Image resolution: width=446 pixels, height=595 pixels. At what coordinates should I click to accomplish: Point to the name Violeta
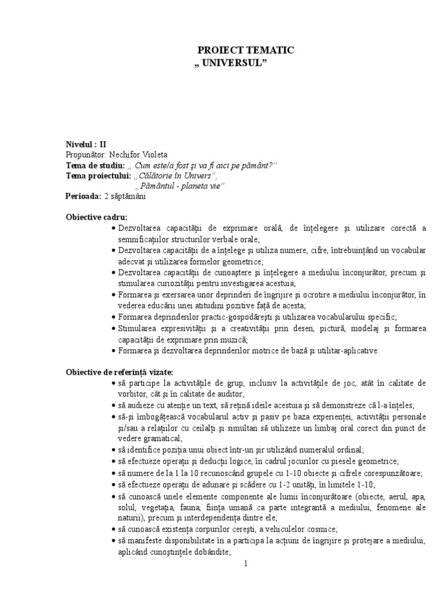pos(155,156)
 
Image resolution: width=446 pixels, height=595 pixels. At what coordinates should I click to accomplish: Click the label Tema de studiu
pos(95,166)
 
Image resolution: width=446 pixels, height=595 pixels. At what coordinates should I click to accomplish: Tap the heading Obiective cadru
pos(96,217)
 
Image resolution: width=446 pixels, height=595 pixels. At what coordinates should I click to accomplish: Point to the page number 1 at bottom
pos(246,564)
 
